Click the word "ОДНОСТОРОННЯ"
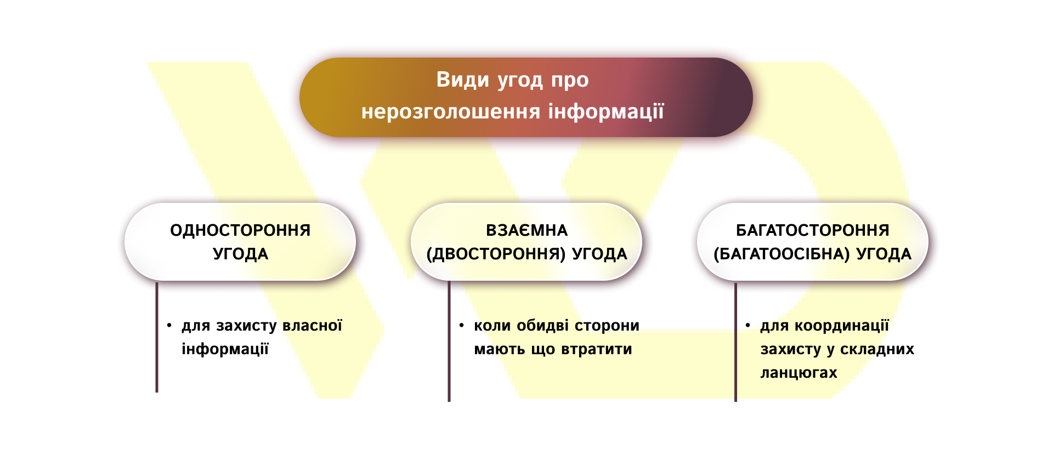pyautogui.click(x=240, y=230)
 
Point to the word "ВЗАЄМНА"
pyautogui.click(x=526, y=230)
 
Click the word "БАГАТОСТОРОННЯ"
pyautogui.click(x=812, y=230)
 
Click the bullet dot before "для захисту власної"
pyautogui.click(x=169, y=326)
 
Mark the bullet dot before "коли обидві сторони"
pyautogui.click(x=462, y=326)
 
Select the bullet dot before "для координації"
pyautogui.click(x=748, y=326)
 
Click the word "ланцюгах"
pyautogui.click(x=799, y=373)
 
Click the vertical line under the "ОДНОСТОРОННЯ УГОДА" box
pyautogui.click(x=157, y=337)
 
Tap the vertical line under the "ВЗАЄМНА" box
pyautogui.click(x=449, y=341)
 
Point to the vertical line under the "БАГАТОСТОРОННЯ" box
pyautogui.click(x=735, y=342)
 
